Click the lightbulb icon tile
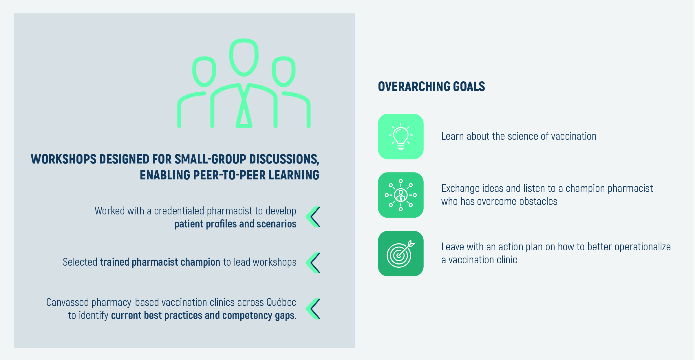tap(401, 136)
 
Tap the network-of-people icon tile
tap(401, 195)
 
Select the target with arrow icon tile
tap(401, 254)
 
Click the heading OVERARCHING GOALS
tap(431, 87)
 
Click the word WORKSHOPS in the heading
tap(64, 159)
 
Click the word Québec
tap(281, 302)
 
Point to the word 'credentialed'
tap(179, 211)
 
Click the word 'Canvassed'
tap(67, 302)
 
